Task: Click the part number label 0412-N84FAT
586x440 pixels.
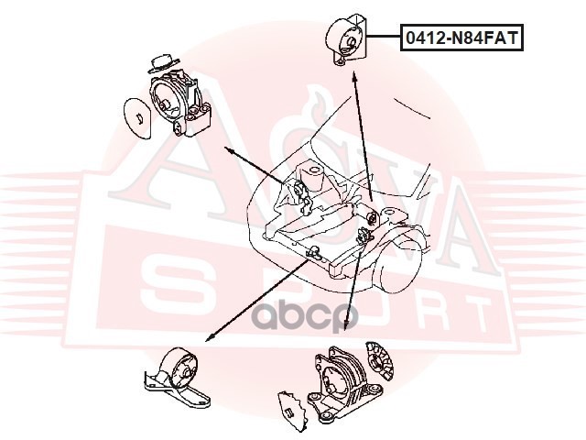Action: click(x=461, y=38)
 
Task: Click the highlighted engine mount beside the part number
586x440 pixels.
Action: click(x=348, y=39)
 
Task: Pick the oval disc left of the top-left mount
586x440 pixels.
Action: click(x=137, y=118)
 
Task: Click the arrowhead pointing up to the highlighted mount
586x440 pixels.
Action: click(x=353, y=76)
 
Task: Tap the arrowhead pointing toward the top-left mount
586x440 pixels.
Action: click(x=230, y=150)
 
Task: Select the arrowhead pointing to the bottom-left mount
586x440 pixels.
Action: click(x=210, y=338)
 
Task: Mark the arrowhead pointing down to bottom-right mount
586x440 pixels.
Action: click(x=346, y=324)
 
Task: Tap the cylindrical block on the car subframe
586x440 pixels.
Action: click(x=312, y=177)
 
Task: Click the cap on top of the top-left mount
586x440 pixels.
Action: click(x=163, y=63)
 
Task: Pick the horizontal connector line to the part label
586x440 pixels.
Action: click(x=385, y=37)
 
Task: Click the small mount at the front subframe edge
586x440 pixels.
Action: click(x=313, y=253)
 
